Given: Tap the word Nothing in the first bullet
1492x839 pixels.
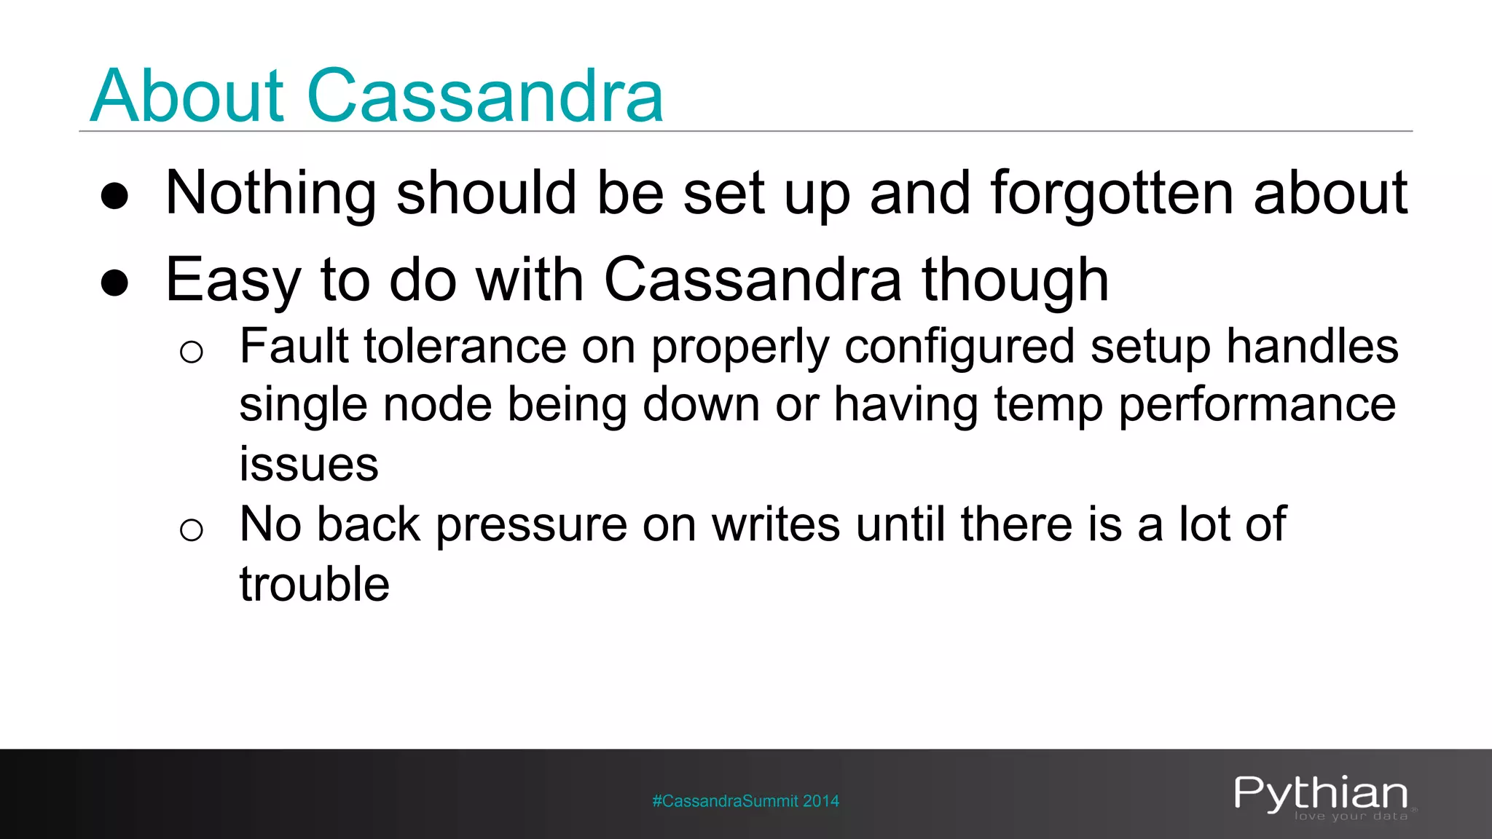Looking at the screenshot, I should [x=270, y=194].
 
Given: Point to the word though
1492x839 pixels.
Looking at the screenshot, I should [x=1015, y=281].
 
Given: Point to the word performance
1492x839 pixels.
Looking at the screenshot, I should [x=1257, y=406].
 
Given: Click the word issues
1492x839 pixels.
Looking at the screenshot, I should [x=309, y=464].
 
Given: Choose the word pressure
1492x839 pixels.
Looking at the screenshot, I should [x=531, y=525].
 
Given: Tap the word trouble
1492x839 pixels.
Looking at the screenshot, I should [x=315, y=584].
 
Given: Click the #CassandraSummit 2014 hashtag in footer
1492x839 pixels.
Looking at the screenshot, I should [x=745, y=801].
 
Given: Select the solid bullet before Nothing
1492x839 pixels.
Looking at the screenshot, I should [x=115, y=196].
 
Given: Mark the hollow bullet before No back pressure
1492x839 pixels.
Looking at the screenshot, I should [x=191, y=529].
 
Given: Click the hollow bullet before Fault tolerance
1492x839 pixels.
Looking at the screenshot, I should [x=191, y=352].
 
